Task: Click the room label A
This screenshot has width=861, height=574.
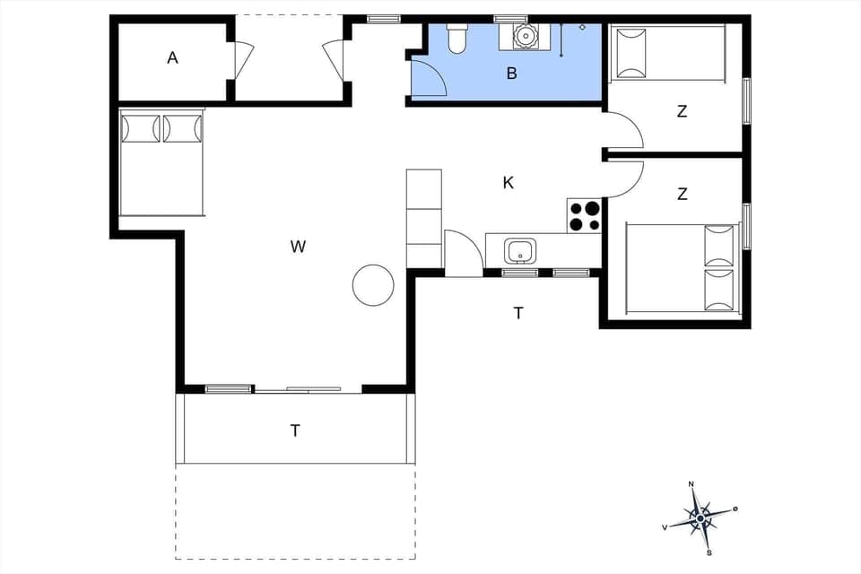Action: tap(172, 58)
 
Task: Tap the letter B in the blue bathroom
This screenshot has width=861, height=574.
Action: tap(511, 74)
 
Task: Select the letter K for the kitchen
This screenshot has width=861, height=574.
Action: tap(508, 183)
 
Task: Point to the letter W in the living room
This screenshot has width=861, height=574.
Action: tap(298, 247)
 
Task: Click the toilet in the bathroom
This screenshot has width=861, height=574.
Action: tap(457, 38)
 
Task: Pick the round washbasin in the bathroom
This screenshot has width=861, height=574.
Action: tap(522, 37)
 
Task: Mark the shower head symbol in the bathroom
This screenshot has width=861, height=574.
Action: tap(582, 28)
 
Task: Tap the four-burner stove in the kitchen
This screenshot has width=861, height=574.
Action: tap(584, 215)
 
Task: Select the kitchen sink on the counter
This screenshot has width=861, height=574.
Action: tap(519, 248)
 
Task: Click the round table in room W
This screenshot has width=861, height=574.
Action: tap(373, 285)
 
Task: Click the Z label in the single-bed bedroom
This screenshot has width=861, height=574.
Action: tap(682, 112)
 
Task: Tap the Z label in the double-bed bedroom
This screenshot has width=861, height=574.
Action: tap(682, 194)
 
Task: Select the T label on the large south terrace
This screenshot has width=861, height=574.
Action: tap(294, 431)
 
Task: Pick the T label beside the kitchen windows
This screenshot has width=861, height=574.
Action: tap(517, 313)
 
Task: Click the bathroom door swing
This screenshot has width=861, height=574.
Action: tap(429, 79)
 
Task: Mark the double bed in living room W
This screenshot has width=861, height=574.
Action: tap(161, 162)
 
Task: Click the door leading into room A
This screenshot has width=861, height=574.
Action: tap(243, 62)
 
